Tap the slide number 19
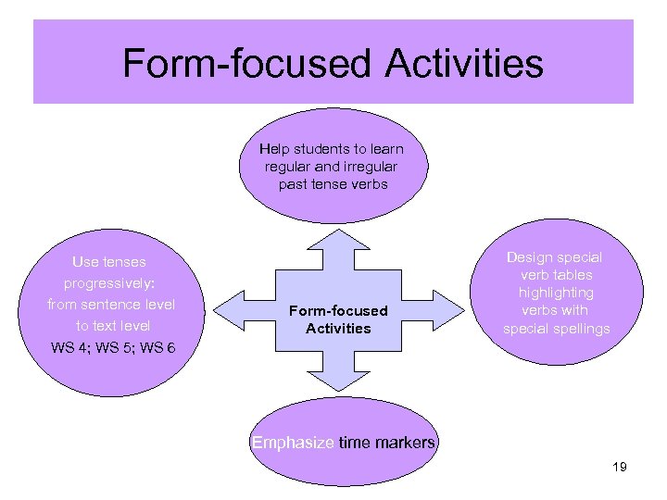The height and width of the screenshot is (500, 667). point(620,467)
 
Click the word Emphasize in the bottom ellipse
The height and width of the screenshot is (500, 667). point(293,443)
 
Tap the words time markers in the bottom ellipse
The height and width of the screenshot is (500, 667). point(386,443)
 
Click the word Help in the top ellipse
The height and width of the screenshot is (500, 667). point(274,149)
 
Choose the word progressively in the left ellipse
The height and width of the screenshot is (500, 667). point(109,283)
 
